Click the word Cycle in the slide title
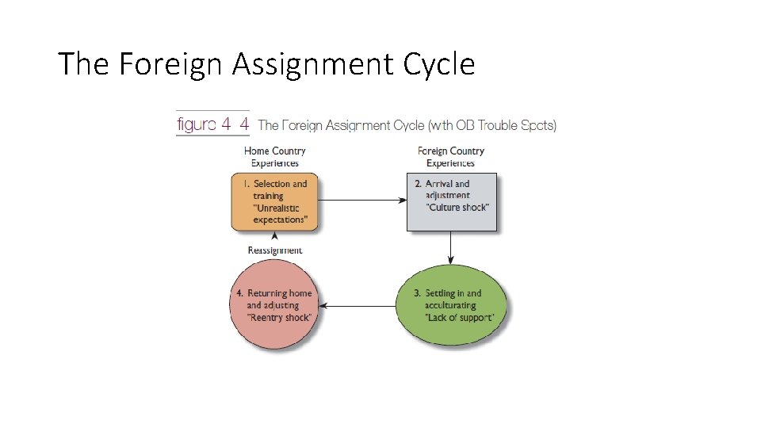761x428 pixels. coord(439,64)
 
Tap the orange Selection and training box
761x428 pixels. coord(274,202)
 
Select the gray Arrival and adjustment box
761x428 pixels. coord(452,202)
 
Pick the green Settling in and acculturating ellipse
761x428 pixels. coord(452,306)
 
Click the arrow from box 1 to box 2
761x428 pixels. coord(361,201)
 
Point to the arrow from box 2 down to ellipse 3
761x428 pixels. coord(451,247)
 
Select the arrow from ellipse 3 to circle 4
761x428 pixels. coord(361,306)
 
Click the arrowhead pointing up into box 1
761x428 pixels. coord(275,236)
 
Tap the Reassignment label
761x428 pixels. coord(275,250)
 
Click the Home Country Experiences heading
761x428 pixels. coord(275,157)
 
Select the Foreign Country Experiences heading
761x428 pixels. coord(450,157)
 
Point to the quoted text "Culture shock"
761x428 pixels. coord(457,208)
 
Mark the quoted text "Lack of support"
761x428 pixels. coord(460,317)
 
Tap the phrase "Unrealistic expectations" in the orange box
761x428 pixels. coord(280,214)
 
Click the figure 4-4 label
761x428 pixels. coord(212,124)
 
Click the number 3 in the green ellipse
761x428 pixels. coord(417,293)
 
